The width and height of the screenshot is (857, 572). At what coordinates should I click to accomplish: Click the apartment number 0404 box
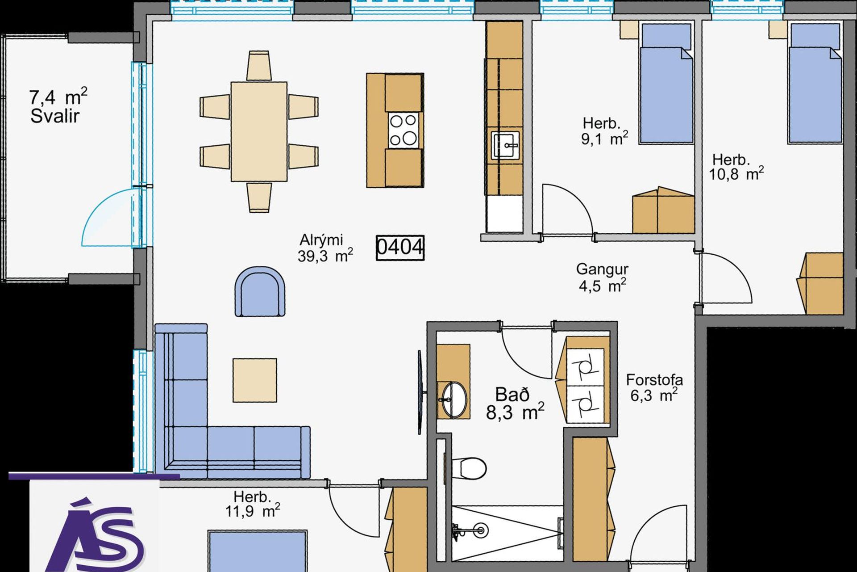click(x=400, y=248)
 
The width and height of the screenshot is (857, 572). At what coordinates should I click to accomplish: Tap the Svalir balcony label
click(x=55, y=116)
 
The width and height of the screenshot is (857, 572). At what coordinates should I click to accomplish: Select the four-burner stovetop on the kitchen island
click(x=404, y=130)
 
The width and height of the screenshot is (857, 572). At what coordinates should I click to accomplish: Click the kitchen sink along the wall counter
click(x=505, y=145)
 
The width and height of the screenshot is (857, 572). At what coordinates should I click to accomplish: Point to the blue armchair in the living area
click(x=260, y=292)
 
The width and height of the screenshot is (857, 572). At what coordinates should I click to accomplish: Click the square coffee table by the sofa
click(x=254, y=380)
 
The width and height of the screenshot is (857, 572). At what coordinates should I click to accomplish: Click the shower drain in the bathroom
click(x=481, y=530)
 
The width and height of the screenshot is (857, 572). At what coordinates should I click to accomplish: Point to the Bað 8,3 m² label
click(x=515, y=404)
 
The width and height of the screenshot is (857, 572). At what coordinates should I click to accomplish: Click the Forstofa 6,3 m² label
click(x=654, y=387)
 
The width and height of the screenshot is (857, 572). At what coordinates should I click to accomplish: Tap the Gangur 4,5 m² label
click(x=602, y=277)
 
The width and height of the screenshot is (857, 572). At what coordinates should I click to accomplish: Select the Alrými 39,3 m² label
click(x=325, y=248)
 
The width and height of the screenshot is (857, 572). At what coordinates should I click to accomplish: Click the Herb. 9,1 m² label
click(x=604, y=131)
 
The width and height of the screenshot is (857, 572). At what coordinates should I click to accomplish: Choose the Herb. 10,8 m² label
click(x=736, y=167)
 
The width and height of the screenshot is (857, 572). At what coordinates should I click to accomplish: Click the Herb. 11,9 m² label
click(x=253, y=504)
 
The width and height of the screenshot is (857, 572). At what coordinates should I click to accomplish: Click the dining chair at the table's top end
click(x=259, y=65)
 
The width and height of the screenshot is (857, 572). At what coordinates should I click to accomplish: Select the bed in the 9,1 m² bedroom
click(x=666, y=83)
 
